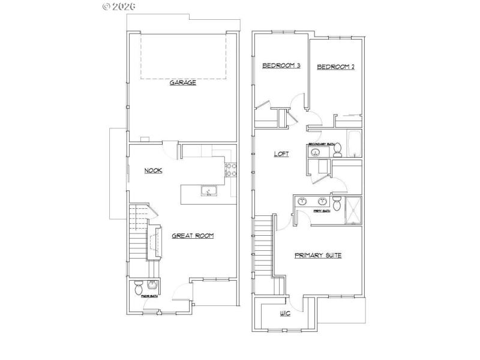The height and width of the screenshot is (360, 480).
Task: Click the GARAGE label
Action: pos(182,82)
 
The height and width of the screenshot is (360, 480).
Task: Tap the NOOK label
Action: pos(153,170)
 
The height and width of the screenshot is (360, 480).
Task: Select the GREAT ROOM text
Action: pos(193,236)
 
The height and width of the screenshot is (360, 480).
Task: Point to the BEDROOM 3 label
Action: pos(281,65)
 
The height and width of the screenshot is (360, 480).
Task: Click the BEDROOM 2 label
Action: pos(335,67)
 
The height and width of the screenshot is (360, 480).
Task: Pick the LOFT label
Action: pos(281,154)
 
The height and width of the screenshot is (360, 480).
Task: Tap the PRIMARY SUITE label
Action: pos(318,256)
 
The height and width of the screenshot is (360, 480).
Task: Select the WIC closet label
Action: pos(286,314)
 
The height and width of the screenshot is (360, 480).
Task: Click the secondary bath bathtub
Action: pos(355,145)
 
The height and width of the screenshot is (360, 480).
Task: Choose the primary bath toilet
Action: pos(337,206)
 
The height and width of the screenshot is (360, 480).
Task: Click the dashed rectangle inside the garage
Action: pos(184,56)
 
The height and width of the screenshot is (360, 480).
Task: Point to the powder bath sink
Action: pos(151,284)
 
